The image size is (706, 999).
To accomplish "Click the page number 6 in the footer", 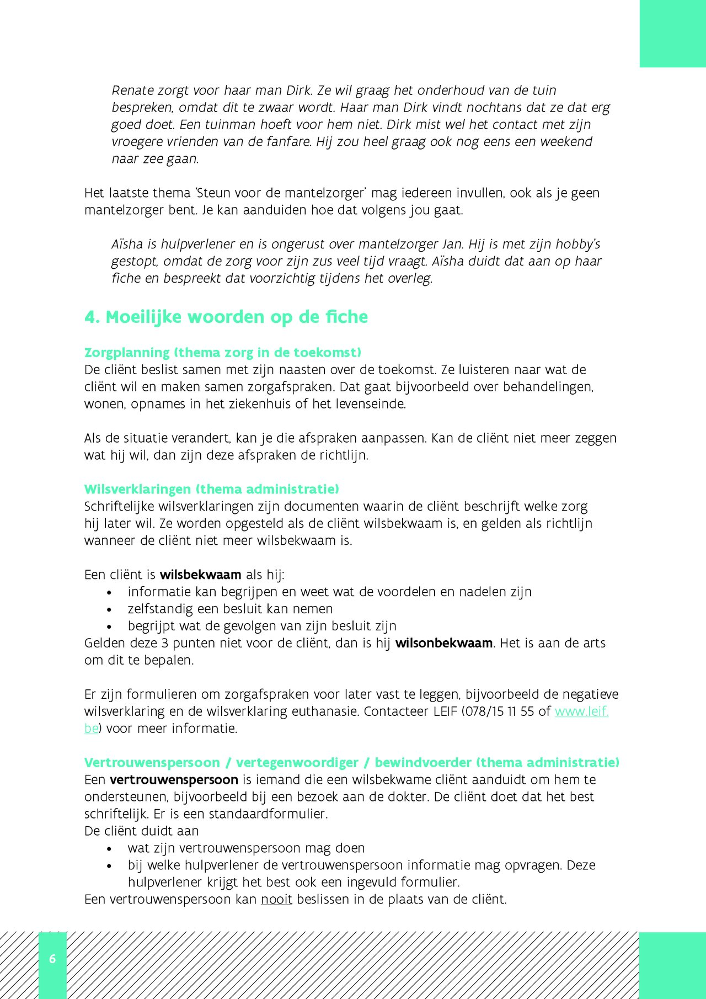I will [x=52, y=959].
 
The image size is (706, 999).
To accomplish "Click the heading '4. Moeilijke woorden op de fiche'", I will [x=226, y=317].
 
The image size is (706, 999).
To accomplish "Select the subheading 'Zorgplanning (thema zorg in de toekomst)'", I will [x=223, y=352].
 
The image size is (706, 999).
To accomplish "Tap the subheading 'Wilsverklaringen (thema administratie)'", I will [x=211, y=489].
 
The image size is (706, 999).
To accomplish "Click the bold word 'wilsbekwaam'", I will [x=200, y=575].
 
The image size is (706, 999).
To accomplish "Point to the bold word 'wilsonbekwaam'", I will [x=443, y=643].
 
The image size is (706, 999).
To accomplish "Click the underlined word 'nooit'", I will [x=276, y=899].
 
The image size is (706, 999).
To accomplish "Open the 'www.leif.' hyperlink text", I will [x=581, y=711].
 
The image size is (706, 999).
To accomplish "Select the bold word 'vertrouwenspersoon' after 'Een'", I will [x=174, y=779].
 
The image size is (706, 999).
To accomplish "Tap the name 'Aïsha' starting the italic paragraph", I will [x=127, y=244].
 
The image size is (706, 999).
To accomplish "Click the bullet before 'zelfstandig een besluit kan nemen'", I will [x=109, y=610].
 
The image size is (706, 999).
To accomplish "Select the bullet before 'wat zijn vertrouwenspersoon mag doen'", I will [x=109, y=849].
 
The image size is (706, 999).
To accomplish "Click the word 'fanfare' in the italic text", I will [x=291, y=142].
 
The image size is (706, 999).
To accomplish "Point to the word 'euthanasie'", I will [x=325, y=711].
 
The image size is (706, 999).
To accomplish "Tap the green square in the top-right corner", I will [x=672, y=33].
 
